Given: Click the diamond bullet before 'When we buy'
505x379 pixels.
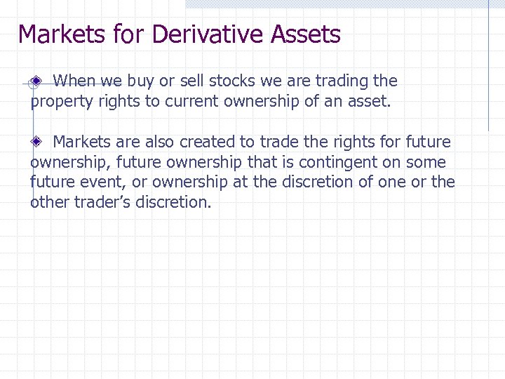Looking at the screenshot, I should pyautogui.click(x=39, y=82).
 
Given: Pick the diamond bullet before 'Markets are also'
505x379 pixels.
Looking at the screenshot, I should pyautogui.click(x=39, y=142).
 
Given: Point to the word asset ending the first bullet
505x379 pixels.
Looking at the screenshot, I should pyautogui.click(x=368, y=102).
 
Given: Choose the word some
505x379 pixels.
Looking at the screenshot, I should pyautogui.click(x=426, y=162).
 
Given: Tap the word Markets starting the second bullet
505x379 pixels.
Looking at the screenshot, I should pyautogui.click(x=81, y=142).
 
